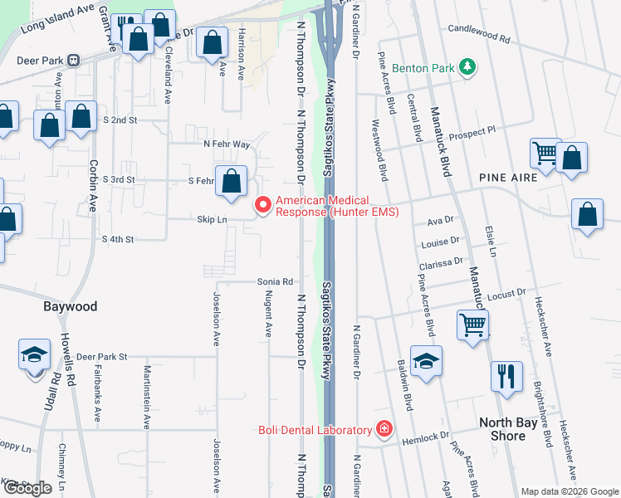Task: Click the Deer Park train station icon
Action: [x=73, y=61]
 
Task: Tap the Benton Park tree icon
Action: [x=468, y=67]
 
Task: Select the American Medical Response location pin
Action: [x=264, y=204]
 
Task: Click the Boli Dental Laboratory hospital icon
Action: [x=384, y=430]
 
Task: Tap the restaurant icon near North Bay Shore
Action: [x=506, y=376]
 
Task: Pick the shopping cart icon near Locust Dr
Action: [x=472, y=325]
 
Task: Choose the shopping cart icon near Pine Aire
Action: [x=545, y=152]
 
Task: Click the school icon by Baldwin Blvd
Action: [x=426, y=361]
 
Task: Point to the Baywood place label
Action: [x=70, y=306]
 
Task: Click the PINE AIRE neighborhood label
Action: [x=507, y=178]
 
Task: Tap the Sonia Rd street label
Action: [x=275, y=282]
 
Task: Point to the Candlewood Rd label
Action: [x=478, y=37]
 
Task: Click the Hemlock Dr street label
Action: [x=432, y=435]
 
